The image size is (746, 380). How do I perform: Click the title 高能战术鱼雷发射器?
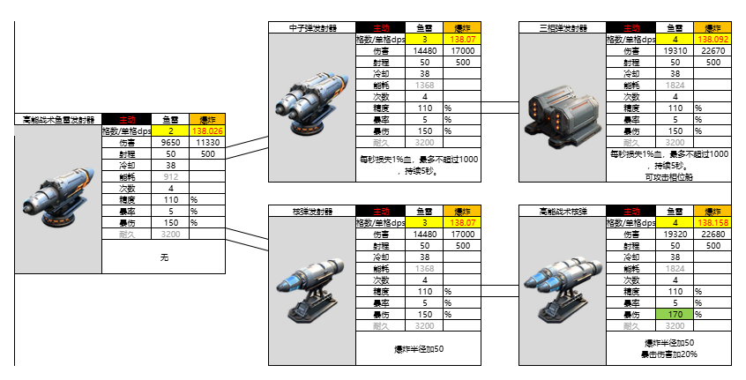58,119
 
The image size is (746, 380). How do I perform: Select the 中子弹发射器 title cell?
311,28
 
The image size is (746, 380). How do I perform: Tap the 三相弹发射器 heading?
562,28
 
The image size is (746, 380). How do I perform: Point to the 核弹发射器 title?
311,212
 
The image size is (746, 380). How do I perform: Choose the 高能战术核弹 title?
562,212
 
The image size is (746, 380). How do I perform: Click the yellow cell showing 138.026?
208,130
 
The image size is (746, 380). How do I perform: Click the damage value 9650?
170,142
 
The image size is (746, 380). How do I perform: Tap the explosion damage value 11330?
208,142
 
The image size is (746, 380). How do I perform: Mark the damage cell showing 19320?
675,235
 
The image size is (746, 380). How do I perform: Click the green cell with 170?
675,314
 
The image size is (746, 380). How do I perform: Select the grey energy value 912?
170,176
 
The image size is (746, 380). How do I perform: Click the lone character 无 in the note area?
164,257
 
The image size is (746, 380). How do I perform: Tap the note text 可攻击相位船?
669,176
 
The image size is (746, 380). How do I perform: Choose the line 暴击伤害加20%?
669,354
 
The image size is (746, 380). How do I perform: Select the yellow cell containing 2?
170,130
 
